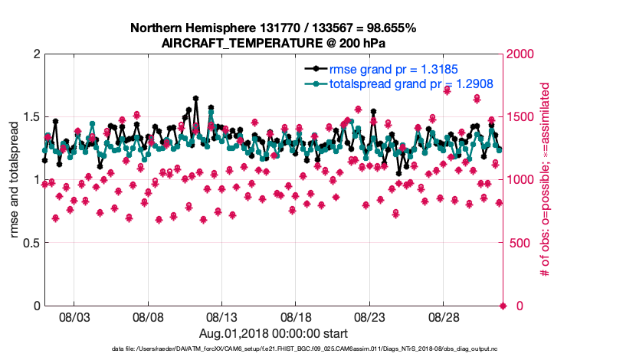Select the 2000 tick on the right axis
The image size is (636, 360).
click(x=522, y=54)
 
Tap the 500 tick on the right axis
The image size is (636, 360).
click(x=519, y=243)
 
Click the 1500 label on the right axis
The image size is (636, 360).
click(x=522, y=116)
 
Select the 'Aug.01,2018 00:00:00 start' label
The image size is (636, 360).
click(x=274, y=333)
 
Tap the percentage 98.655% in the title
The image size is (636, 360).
click(x=388, y=28)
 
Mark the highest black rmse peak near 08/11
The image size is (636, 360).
click(x=196, y=98)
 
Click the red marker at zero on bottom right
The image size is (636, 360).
click(x=503, y=306)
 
